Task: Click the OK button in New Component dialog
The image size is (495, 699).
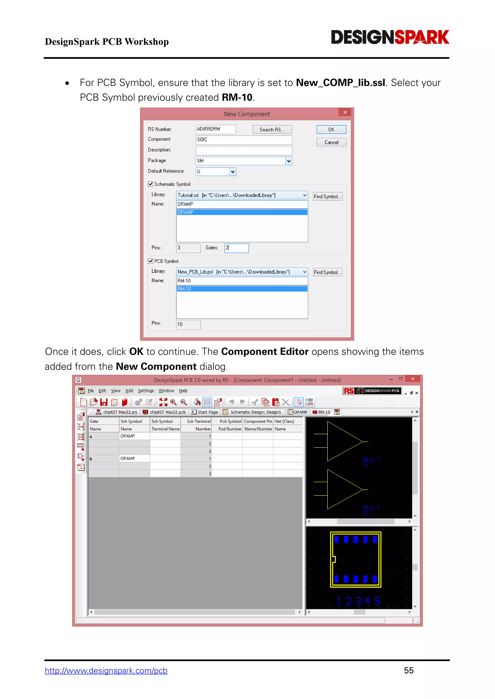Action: pyautogui.click(x=331, y=130)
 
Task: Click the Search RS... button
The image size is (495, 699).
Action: pyautogui.click(x=272, y=130)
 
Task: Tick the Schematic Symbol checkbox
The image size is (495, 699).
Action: pyautogui.click(x=151, y=184)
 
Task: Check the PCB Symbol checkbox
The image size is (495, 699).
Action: pyautogui.click(x=151, y=261)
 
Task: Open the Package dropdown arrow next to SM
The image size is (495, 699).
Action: pyautogui.click(x=289, y=161)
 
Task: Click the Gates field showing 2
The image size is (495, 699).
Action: pyautogui.click(x=237, y=248)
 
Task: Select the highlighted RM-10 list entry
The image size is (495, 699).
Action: pyautogui.click(x=242, y=289)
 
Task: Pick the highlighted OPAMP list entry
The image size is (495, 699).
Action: pyautogui.click(x=242, y=212)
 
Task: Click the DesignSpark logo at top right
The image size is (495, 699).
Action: pyautogui.click(x=390, y=37)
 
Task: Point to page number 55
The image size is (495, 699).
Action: pyautogui.click(x=408, y=670)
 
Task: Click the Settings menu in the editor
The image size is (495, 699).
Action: pyautogui.click(x=146, y=391)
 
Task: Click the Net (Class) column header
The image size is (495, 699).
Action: pyautogui.click(x=284, y=421)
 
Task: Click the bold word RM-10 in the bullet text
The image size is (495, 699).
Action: pyautogui.click(x=237, y=98)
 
